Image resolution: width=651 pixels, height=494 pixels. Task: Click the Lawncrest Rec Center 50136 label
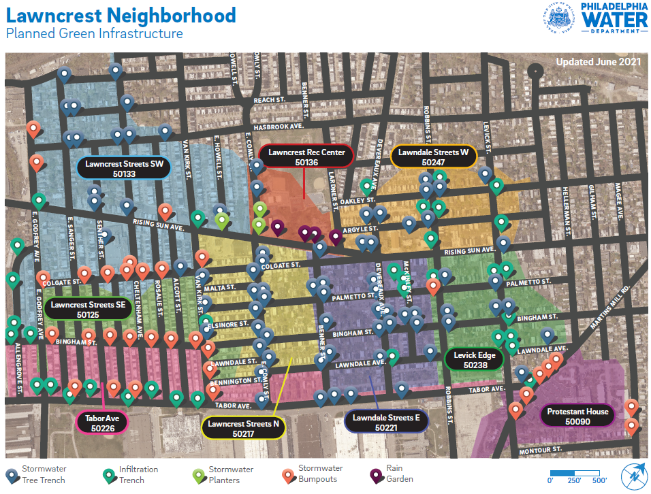click(x=306, y=157)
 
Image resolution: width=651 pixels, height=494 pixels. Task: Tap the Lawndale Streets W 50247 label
click(x=433, y=157)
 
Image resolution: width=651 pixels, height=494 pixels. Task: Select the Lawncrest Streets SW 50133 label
click(x=125, y=168)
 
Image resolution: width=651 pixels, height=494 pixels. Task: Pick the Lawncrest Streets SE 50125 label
click(x=88, y=310)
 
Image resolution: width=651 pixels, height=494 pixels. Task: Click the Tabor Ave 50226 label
click(x=103, y=423)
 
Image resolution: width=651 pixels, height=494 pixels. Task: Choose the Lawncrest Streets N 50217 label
click(x=243, y=428)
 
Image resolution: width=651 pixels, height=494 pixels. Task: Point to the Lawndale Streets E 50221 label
click(x=386, y=422)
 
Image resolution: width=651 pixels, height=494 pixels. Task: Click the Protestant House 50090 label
click(x=577, y=416)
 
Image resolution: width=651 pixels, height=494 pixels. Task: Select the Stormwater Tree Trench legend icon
click(x=12, y=475)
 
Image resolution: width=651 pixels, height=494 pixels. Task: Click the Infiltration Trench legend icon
click(x=108, y=475)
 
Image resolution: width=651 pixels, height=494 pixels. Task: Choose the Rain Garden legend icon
click(x=375, y=475)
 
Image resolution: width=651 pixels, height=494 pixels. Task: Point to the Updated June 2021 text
click(x=598, y=62)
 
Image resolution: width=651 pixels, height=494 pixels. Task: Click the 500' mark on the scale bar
click(x=599, y=480)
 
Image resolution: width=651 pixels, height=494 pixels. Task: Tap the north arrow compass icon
click(x=634, y=475)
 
